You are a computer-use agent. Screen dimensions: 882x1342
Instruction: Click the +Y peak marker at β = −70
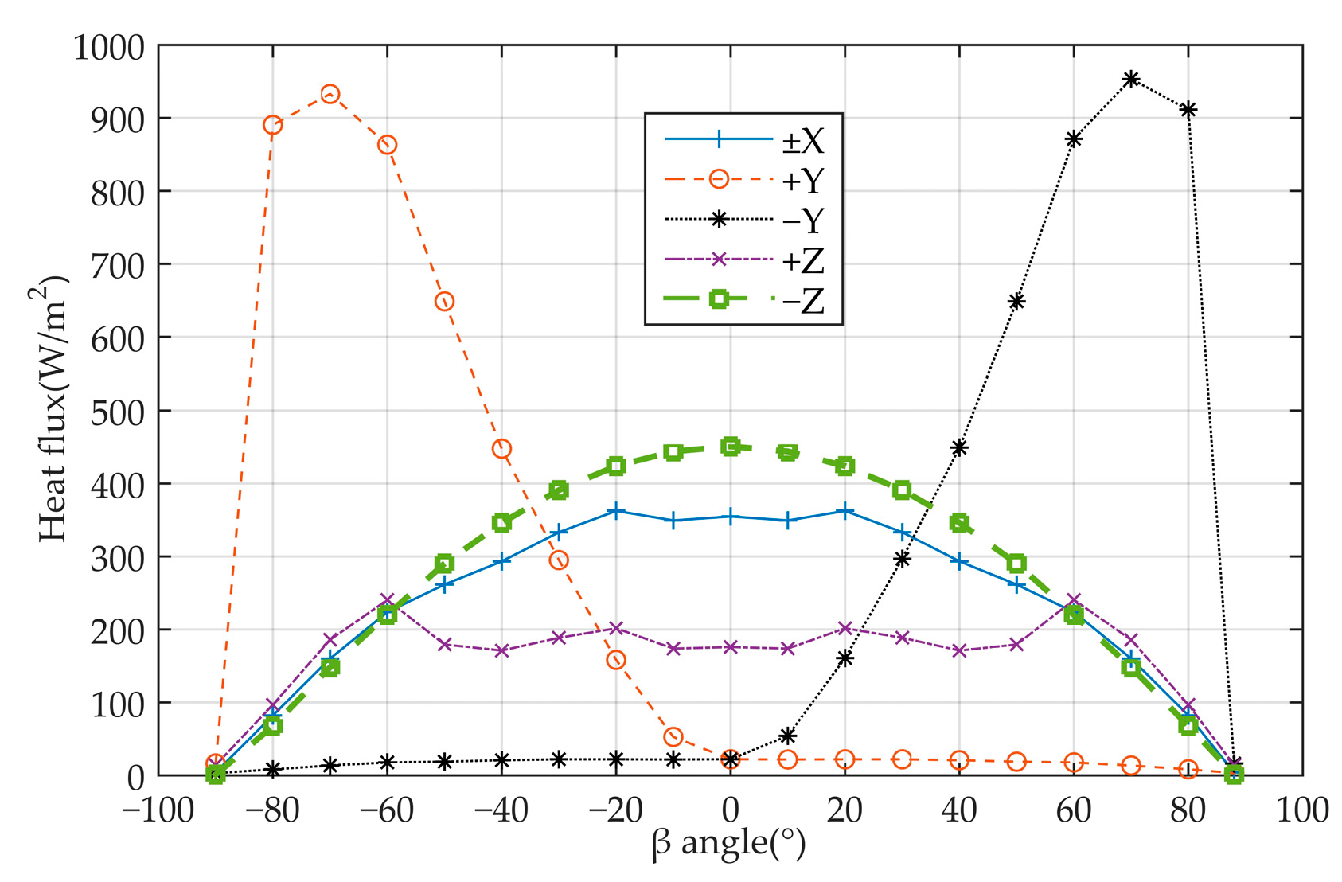tap(330, 95)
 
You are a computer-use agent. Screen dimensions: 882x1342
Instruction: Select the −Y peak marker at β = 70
tap(1131, 79)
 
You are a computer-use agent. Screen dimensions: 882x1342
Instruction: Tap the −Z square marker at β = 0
tap(731, 447)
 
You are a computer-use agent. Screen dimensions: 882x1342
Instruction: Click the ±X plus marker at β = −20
tap(616, 511)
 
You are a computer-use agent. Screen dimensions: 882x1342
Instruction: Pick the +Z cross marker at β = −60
tap(387, 600)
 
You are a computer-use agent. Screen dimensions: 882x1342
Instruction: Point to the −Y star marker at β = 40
tap(959, 447)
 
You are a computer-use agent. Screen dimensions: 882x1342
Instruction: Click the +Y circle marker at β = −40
tap(501, 449)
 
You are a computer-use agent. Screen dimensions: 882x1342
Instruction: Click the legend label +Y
tap(802, 181)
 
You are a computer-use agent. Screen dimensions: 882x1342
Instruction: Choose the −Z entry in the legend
tap(802, 301)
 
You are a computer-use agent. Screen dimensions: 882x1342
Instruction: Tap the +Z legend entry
tap(802, 260)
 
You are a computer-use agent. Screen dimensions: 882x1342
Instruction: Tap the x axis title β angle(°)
tap(728, 844)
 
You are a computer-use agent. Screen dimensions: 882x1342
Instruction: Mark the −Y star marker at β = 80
tap(1188, 110)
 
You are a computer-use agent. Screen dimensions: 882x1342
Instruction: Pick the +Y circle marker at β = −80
tap(272, 125)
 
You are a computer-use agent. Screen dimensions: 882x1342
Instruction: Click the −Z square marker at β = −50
tap(444, 564)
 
